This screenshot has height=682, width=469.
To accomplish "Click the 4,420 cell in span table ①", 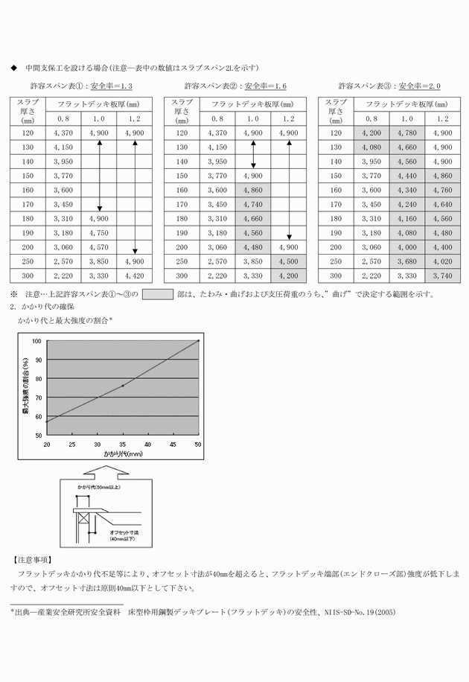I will pos(135,275).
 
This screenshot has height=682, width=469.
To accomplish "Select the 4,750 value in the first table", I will pos(99,232).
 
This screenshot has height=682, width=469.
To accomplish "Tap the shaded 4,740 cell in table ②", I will pos(253,204).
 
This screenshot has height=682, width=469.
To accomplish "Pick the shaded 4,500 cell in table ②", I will pos(289,261).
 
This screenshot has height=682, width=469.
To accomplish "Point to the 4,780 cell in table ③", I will pos(406,133).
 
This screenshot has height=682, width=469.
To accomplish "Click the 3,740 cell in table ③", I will pos(442,275).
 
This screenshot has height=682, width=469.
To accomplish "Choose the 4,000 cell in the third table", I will pos(406,247).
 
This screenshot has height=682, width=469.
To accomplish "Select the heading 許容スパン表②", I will pos(210,86).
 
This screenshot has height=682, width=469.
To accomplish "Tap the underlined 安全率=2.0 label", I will pos(419,86).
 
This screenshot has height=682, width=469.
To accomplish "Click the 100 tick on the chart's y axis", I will pos(37,341).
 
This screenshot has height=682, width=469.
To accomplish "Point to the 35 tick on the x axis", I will pos(123,444).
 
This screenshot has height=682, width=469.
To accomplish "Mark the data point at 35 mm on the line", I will pos(123,386).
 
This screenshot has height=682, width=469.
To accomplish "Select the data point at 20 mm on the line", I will pos(47,422).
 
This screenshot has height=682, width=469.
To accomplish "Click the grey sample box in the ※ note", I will pos(157,293).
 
